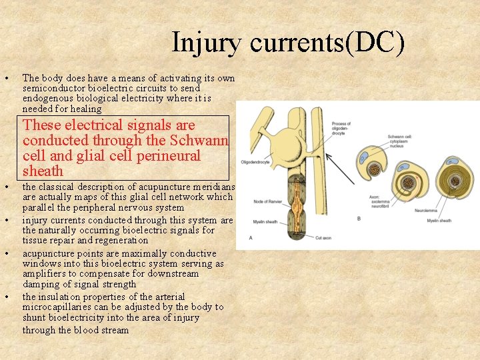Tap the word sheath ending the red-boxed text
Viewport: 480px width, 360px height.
pyautogui.click(x=43, y=171)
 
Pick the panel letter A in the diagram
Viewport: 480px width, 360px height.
pyautogui.click(x=250, y=237)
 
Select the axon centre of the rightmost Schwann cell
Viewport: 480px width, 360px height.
pyautogui.click(x=456, y=180)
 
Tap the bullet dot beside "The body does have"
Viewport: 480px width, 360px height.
pyautogui.click(x=6, y=78)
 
